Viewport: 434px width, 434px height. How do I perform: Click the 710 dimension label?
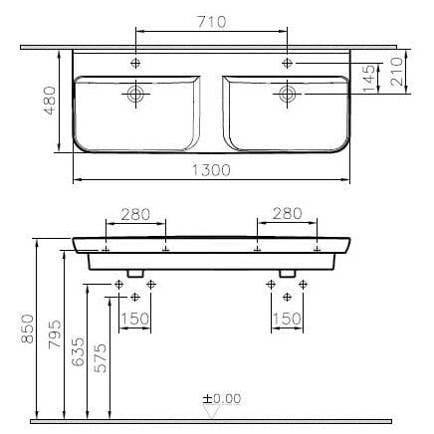[x=212, y=22]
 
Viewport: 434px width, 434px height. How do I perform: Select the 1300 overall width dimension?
[x=211, y=170]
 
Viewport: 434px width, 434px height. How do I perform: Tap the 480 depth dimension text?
[x=50, y=101]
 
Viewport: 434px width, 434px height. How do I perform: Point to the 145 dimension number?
[x=369, y=79]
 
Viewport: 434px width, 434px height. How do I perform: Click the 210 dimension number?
[x=397, y=72]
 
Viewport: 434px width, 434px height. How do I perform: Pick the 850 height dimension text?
[x=27, y=328]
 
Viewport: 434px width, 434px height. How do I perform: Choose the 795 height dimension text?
[x=55, y=333]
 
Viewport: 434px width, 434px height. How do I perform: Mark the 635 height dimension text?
[x=78, y=351]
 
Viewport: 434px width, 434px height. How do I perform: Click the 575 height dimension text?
[x=101, y=357]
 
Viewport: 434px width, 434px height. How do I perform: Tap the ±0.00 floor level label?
[x=222, y=398]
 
